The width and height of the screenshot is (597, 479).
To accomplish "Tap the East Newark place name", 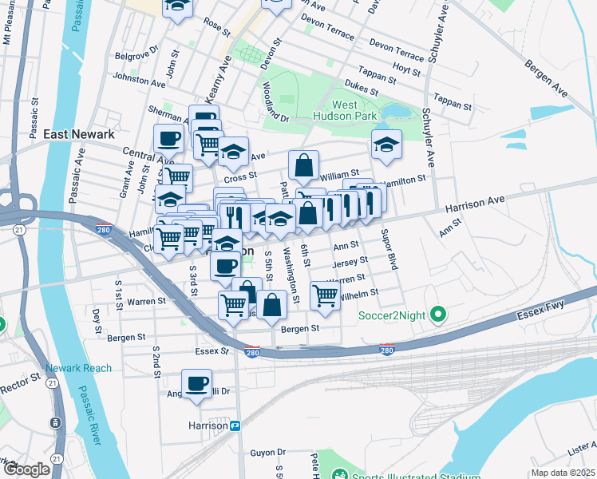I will pos(80,134).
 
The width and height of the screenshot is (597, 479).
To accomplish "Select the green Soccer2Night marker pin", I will pos(437,316).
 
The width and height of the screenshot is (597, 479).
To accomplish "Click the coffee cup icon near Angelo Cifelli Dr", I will pos(196,384).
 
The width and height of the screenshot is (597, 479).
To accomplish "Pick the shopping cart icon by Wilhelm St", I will pos(326,295).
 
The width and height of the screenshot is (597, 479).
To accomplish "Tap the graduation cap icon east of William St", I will pos(386,144).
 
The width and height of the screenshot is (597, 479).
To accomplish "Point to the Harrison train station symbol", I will pos(235,426).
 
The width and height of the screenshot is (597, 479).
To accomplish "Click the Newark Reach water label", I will pos(79,368).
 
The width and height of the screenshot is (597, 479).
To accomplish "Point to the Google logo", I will pos(26,469).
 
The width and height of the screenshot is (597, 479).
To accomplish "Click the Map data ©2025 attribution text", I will pos(563,472).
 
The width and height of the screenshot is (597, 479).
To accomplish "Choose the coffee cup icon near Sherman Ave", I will pos(168,139).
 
